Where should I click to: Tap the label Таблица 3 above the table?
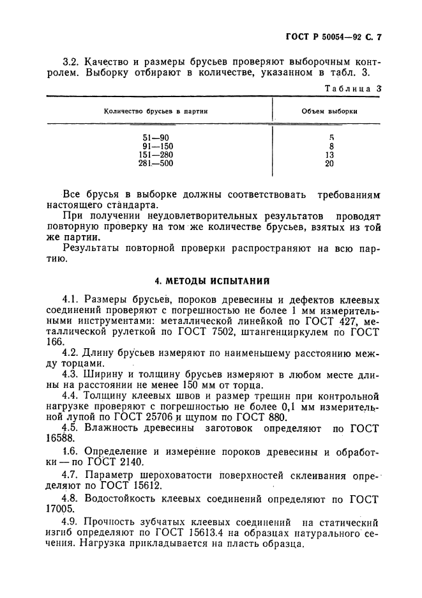[x=353, y=89]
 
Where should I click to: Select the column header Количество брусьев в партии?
[x=157, y=111]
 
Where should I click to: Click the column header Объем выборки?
[x=329, y=111]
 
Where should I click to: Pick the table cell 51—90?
[x=156, y=137]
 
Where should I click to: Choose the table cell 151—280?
[x=156, y=155]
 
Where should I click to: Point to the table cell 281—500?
[x=156, y=164]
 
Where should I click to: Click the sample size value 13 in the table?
[x=329, y=155]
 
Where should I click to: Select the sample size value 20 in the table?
[x=329, y=164]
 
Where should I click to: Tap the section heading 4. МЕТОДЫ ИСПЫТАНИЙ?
[x=213, y=280]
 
